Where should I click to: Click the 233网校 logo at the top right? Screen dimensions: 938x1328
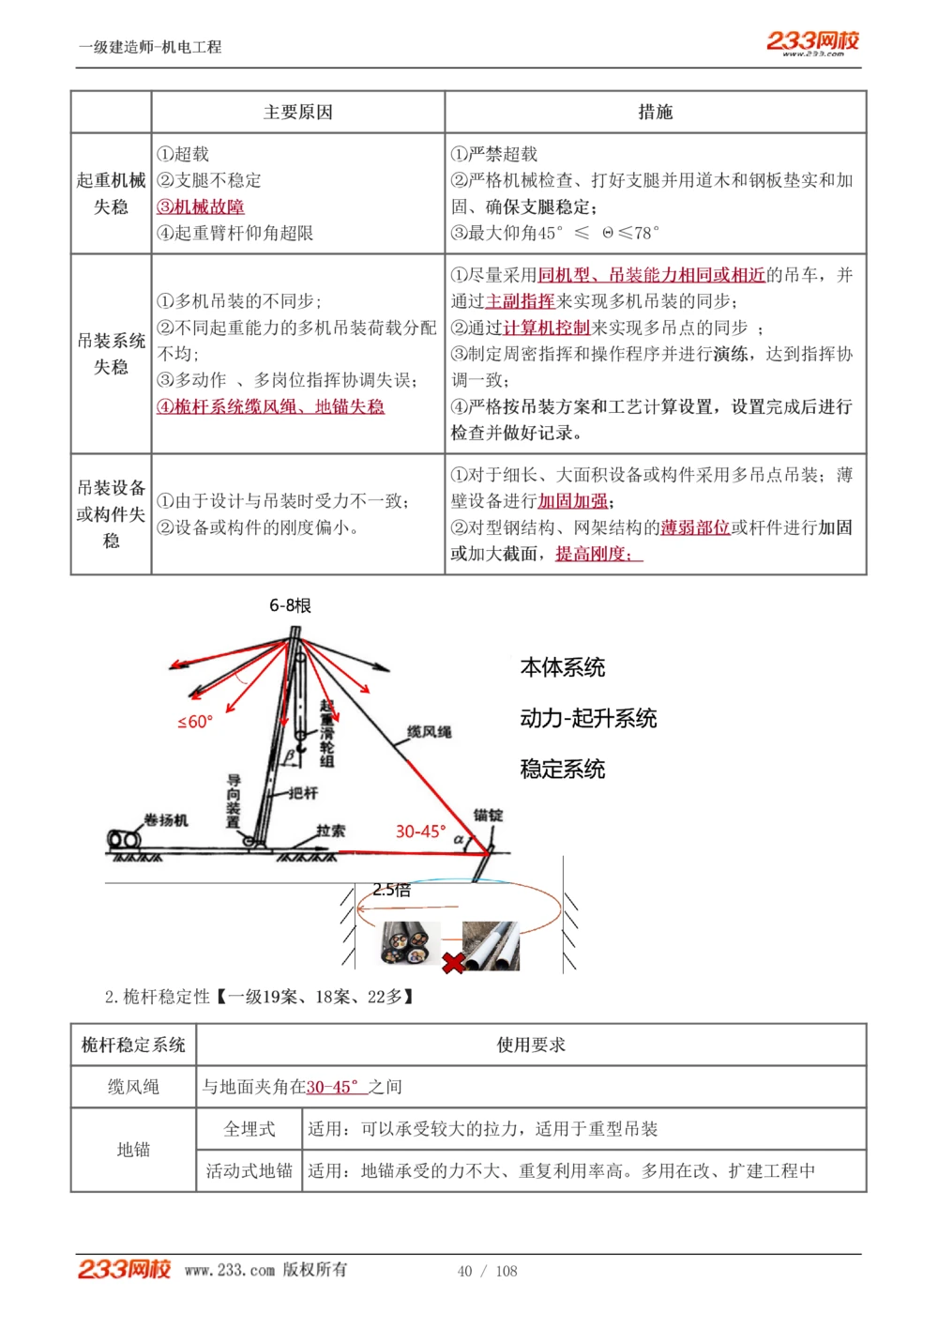click(812, 42)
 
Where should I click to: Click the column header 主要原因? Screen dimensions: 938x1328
click(297, 113)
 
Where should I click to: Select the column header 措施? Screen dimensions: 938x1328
click(655, 113)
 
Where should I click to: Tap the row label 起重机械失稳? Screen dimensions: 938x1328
click(111, 193)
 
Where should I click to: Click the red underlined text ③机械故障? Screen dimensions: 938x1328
click(201, 206)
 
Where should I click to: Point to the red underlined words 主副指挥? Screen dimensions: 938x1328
click(520, 301)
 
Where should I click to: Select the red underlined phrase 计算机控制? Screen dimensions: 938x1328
click(547, 328)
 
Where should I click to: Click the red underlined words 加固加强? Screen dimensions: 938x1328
click(572, 501)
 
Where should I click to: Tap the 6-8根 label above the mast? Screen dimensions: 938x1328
click(290, 605)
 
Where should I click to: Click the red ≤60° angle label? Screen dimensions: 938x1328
click(195, 722)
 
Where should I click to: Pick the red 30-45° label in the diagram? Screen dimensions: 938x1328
click(420, 832)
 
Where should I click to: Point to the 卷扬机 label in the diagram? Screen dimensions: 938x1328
click(166, 820)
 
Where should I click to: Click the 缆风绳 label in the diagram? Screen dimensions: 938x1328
click(429, 731)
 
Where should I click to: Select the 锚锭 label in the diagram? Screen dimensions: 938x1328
click(488, 815)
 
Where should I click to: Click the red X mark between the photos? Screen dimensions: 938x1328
click(453, 963)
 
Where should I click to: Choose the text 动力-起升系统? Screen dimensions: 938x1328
click(588, 719)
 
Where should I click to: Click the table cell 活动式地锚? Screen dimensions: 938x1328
click(250, 1170)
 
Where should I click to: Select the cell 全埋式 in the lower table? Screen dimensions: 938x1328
click(250, 1129)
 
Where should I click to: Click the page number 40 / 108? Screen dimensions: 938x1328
click(487, 1271)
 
